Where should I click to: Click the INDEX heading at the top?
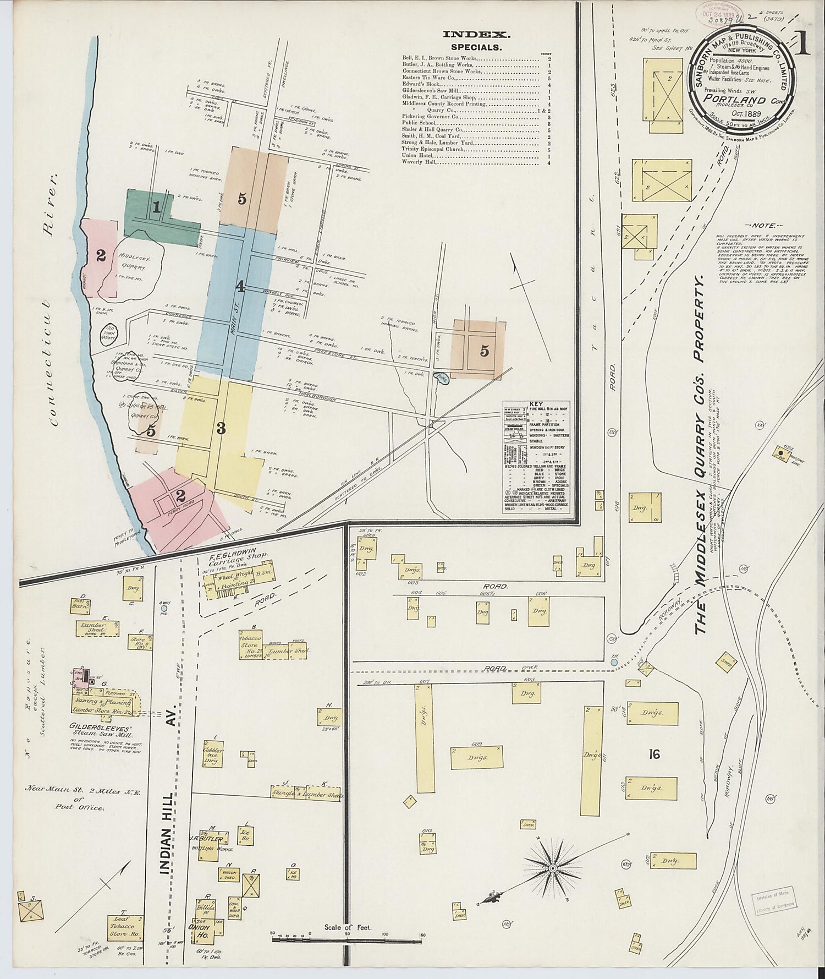[477, 35]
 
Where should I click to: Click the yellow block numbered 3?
[220, 429]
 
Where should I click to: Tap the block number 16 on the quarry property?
[653, 754]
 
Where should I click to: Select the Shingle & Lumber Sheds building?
[306, 794]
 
